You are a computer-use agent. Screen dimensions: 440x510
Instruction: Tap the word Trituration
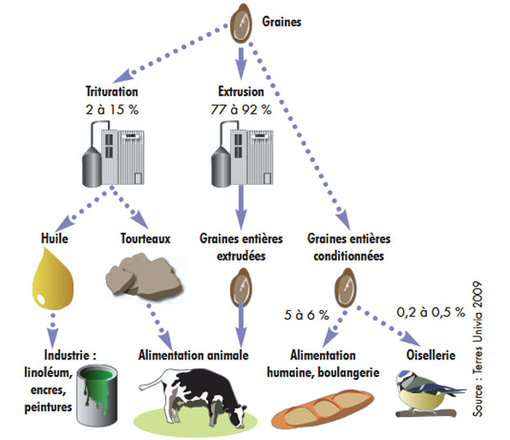coord(112,93)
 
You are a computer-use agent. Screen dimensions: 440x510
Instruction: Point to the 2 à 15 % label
coord(112,109)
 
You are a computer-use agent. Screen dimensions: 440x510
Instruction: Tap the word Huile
coord(54,239)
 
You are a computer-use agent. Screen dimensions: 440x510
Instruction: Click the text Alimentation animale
coord(195,355)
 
